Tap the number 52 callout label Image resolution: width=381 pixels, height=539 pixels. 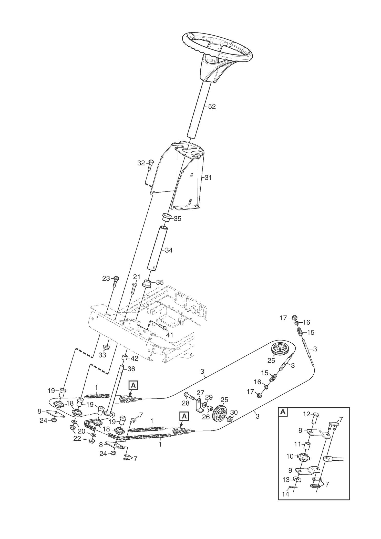point(212,107)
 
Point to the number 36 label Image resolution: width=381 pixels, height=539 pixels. point(131,369)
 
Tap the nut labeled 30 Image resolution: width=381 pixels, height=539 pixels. point(230,419)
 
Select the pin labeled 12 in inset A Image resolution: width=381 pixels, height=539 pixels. point(314,417)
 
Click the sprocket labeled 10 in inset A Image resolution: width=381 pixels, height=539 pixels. point(304,456)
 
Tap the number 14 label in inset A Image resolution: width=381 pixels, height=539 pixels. point(285,494)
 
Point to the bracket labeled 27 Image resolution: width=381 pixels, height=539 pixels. point(199,407)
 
